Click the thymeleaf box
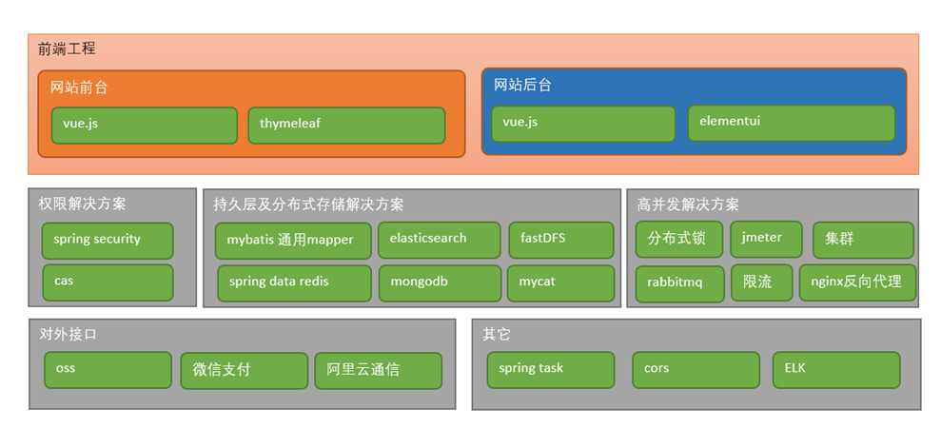pos(346,125)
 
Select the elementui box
pos(791,123)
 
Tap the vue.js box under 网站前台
pos(144,125)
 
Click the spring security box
pos(108,241)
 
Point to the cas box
pos(108,282)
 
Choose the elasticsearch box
pos(439,240)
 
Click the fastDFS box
pos(560,240)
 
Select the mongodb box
pos(439,282)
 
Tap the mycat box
pos(560,282)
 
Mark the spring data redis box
pos(294,282)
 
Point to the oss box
pos(108,370)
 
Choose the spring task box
pos(550,370)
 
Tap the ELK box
pos(835,369)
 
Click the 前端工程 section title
pos(67,49)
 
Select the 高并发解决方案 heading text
pos(687,204)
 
